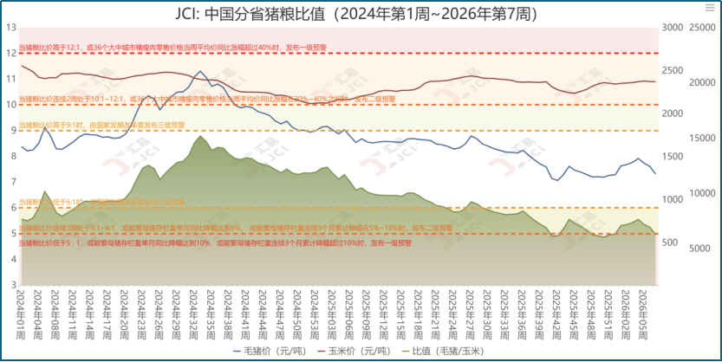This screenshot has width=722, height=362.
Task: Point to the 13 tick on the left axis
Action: coord(11,27)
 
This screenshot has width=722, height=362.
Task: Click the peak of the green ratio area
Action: coord(200,136)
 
